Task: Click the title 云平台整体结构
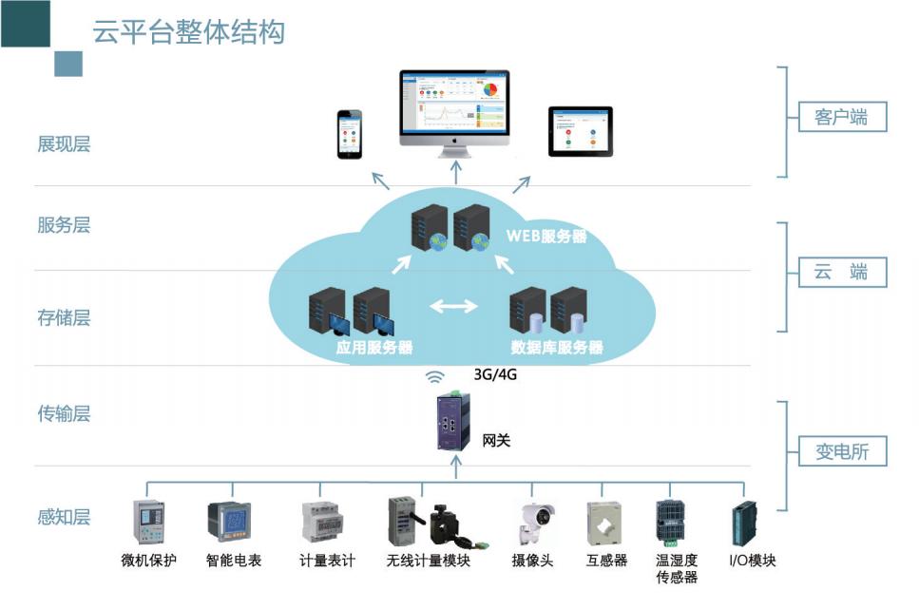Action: (188, 31)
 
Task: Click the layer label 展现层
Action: (64, 144)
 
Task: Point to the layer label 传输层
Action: (64, 414)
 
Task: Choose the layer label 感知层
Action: (64, 517)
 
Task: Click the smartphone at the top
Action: (350, 134)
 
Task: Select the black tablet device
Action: (581, 131)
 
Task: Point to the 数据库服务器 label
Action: (557, 348)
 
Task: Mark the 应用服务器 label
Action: (374, 348)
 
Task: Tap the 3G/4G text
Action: (495, 374)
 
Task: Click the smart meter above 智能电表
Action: (228, 522)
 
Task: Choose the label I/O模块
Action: (752, 561)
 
